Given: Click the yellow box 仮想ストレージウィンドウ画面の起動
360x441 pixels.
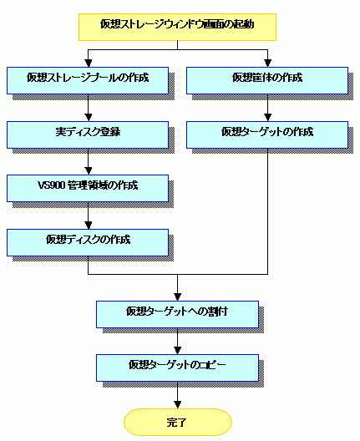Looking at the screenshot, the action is point(177,27).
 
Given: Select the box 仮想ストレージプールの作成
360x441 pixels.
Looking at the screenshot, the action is point(88,80).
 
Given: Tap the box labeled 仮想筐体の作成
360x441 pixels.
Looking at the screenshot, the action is point(267,80).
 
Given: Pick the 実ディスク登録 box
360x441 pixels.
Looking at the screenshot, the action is point(88,134).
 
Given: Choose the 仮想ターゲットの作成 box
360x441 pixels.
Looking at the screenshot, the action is point(267,134).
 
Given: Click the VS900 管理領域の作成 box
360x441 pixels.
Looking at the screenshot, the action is point(88,189).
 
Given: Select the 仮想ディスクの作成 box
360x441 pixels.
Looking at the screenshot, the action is point(88,242).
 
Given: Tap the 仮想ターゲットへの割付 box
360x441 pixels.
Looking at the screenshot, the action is point(177,314).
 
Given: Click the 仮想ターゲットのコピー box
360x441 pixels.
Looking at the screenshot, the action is point(177,367).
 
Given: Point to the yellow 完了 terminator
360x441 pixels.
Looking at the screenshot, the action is point(178,422).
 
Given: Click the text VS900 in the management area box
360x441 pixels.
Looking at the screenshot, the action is point(52,185).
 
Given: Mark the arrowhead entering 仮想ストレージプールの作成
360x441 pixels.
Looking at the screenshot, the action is point(89,63).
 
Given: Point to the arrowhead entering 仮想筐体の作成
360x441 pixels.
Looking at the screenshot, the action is point(268,63).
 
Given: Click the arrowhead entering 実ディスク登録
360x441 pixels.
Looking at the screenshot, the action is point(89,118).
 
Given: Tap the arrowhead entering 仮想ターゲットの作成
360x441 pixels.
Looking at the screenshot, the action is point(268,118).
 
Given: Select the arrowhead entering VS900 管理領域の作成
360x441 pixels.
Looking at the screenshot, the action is point(89,171).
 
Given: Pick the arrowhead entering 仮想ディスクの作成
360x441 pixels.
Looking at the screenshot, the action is point(89,226).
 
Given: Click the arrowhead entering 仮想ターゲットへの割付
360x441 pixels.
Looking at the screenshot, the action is point(177,297).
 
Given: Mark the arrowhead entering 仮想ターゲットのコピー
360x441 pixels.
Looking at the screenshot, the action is point(177,351).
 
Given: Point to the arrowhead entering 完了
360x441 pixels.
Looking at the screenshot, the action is point(177,405).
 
